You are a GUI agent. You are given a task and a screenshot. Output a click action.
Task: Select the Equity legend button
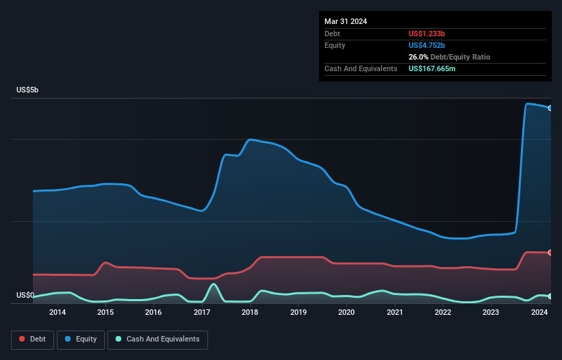tap(81, 339)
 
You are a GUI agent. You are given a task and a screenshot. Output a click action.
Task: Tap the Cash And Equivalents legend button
tap(157, 339)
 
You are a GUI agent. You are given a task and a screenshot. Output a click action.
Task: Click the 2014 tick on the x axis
tap(58, 313)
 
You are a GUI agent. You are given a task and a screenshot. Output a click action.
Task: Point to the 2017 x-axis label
tap(202, 313)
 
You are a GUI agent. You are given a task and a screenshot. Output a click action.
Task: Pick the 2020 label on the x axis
tap(346, 313)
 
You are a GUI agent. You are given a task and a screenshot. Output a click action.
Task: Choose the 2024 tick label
tap(539, 313)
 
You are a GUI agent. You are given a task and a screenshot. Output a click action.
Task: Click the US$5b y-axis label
tap(29, 90)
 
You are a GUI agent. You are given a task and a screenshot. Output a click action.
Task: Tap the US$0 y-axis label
tap(25, 296)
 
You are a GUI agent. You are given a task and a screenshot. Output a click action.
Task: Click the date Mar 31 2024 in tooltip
tap(346, 21)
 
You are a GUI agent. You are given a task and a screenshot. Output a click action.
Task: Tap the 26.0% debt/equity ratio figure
tap(419, 57)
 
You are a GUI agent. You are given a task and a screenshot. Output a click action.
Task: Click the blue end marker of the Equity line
tap(550, 108)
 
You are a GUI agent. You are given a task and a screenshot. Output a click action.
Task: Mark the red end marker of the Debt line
tap(550, 253)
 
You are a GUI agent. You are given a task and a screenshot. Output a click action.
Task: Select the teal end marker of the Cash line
tap(550, 296)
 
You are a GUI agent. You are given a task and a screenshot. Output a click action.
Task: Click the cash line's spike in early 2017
tap(214, 284)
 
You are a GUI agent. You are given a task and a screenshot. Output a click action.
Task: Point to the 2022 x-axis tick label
tap(443, 313)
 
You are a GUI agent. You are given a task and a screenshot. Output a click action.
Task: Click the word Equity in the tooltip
tap(335, 45)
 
